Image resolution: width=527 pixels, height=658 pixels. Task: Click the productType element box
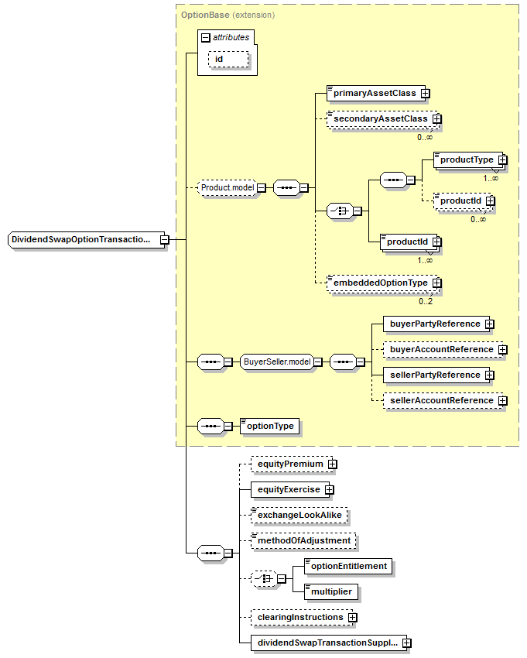click(466, 159)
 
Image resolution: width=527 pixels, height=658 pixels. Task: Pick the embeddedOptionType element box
click(379, 283)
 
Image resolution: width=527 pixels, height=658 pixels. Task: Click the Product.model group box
click(227, 187)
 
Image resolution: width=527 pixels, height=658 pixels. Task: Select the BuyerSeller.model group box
click(276, 362)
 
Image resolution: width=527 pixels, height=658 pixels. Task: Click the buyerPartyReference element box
click(434, 324)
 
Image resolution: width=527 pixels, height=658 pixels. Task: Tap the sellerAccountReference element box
click(440, 400)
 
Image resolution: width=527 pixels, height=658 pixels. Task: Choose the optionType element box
click(269, 426)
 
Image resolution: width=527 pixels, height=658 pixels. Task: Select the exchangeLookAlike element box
click(298, 515)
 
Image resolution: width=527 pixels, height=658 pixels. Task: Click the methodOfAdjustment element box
click(303, 540)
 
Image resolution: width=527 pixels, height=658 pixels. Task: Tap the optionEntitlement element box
click(347, 566)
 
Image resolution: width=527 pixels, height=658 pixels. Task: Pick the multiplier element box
click(331, 591)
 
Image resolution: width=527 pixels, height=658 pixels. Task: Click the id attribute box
click(227, 60)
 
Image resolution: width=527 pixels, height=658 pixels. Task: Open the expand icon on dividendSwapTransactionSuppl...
click(406, 643)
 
